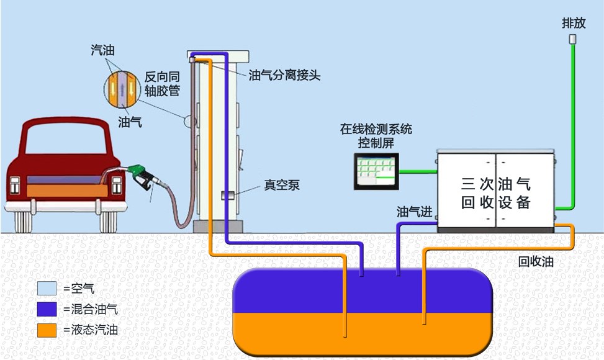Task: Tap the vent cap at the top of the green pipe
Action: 573,39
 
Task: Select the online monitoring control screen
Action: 375,171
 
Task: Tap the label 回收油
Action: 536,262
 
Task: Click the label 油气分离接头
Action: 284,76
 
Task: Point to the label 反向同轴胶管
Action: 162,83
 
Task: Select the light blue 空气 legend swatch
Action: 47,289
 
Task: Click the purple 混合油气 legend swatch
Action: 47,309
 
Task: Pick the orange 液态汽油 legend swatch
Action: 47,330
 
